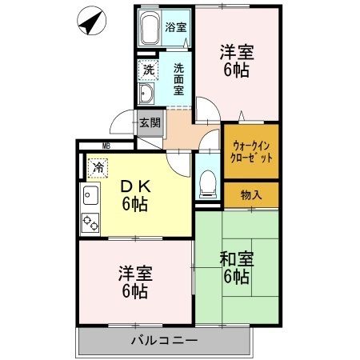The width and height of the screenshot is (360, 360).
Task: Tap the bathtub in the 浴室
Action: click(150, 33)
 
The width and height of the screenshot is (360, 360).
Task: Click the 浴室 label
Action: click(177, 26)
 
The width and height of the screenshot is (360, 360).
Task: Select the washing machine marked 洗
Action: click(149, 70)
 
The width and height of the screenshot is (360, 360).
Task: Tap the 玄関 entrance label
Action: click(150, 122)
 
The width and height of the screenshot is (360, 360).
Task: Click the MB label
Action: click(106, 146)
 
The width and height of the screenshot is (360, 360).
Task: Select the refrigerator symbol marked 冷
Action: click(98, 168)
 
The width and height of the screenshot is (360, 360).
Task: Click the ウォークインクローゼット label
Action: click(252, 151)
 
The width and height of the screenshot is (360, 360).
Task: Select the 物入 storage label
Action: click(250, 194)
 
